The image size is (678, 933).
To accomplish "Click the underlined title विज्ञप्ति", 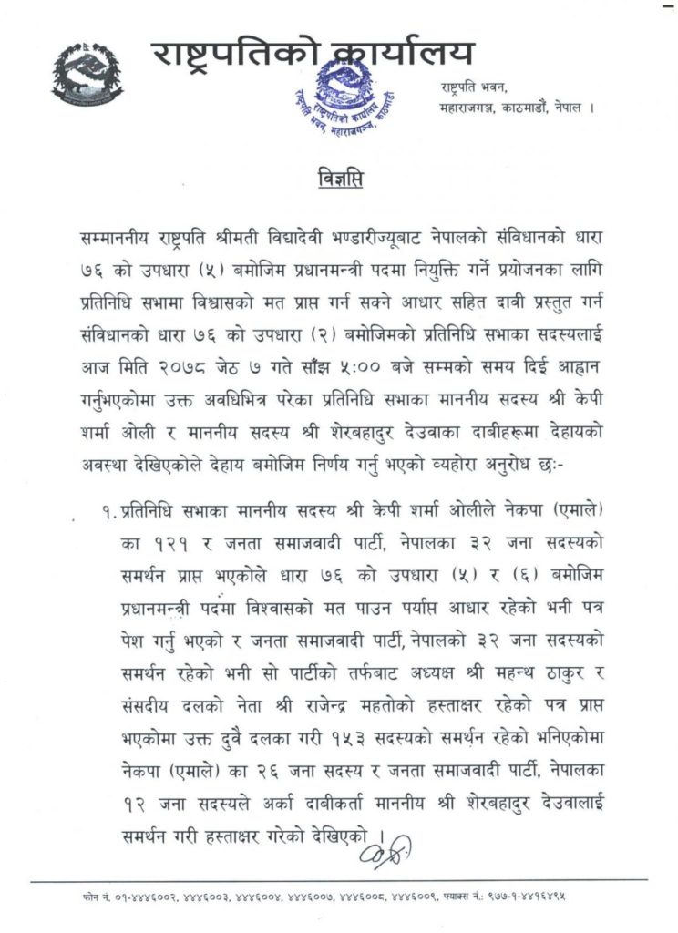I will tap(338, 177).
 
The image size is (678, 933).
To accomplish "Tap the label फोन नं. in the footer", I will tap(94, 898).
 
